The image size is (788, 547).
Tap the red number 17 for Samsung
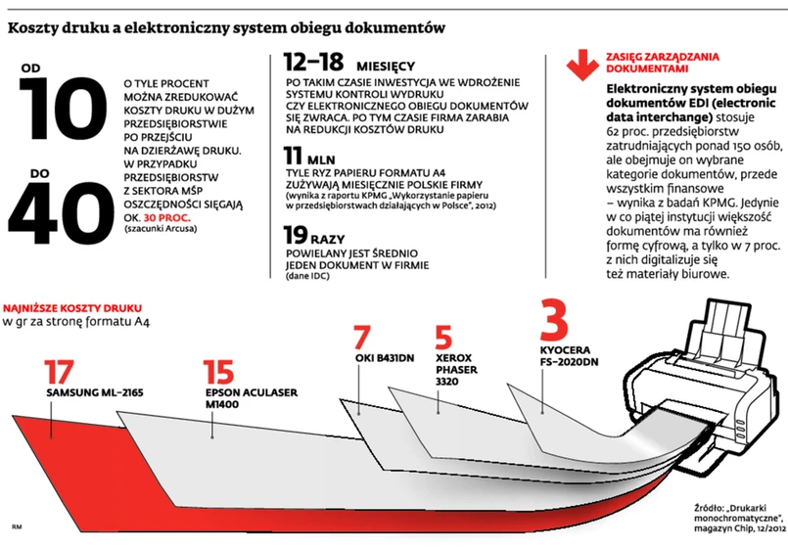pyautogui.click(x=59, y=373)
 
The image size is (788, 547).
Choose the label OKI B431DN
pyautogui.click(x=381, y=355)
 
